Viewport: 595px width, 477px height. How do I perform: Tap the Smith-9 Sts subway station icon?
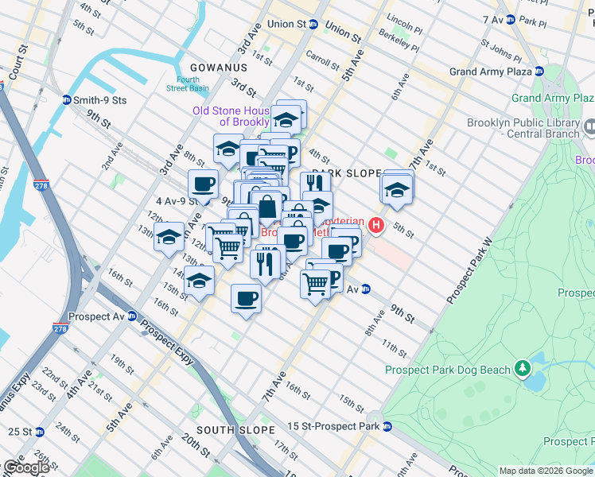click(x=67, y=100)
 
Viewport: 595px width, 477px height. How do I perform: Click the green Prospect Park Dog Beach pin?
click(x=522, y=369)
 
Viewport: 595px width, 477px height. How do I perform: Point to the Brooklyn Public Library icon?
click(x=590, y=126)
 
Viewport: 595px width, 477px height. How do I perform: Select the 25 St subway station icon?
click(x=39, y=432)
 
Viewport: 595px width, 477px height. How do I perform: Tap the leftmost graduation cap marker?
click(x=169, y=236)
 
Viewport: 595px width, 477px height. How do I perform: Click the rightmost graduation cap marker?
click(x=396, y=189)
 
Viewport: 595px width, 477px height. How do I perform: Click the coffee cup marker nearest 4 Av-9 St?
click(x=203, y=184)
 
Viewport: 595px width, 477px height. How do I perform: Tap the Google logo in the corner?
click(x=25, y=467)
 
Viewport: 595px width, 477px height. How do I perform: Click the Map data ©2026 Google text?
click(x=545, y=471)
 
